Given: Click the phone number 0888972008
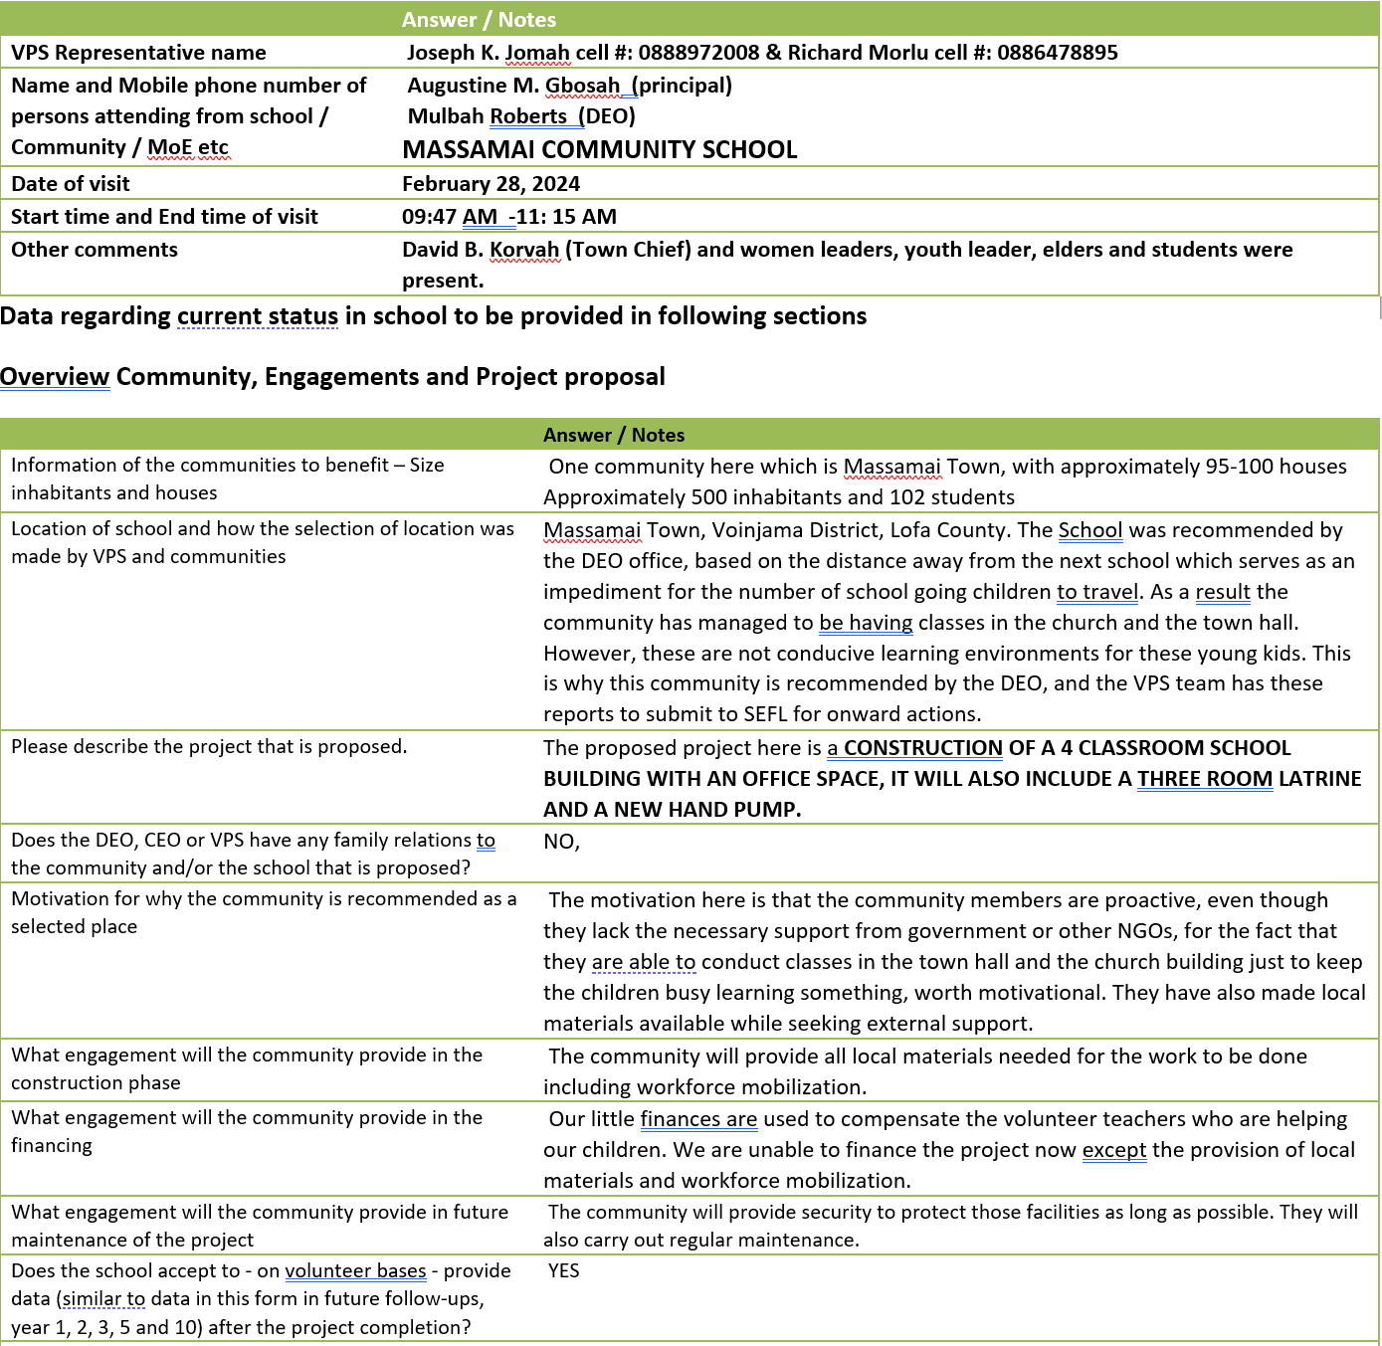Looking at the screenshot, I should click(x=698, y=53).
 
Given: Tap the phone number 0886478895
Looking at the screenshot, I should click(x=1057, y=53).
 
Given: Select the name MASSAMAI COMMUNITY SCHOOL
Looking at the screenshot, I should click(x=599, y=150).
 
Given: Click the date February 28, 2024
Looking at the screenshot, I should click(x=491, y=184).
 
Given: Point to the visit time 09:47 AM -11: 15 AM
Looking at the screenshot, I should click(x=508, y=217).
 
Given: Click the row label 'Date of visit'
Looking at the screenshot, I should click(x=71, y=184).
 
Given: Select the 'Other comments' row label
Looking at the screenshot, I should click(x=95, y=250).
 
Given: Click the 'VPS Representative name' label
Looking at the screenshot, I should click(x=138, y=53).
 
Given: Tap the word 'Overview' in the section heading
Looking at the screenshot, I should click(x=55, y=377).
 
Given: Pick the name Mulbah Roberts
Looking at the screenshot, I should click(x=487, y=116).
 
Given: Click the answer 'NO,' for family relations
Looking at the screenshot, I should click(x=561, y=842).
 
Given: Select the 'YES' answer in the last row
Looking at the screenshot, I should click(x=563, y=1271).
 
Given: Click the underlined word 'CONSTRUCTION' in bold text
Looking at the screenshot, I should click(x=922, y=748).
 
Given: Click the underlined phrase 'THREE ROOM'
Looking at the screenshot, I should click(x=1205, y=779).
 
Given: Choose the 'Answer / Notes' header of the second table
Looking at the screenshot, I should click(x=614, y=435).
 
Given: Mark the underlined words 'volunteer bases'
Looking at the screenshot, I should click(x=355, y=1271).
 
